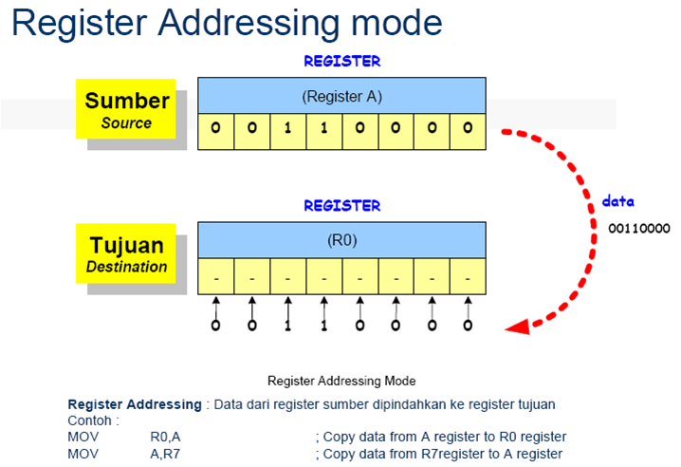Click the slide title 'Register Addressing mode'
tap(227, 23)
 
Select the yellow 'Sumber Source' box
tap(127, 110)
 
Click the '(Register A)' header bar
tap(341, 96)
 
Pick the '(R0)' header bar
tap(341, 239)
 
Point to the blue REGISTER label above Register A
tap(341, 61)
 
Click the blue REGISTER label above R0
tap(341, 205)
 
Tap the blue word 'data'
tap(618, 203)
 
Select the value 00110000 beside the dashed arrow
tap(639, 229)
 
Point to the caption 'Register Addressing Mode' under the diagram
tap(341, 381)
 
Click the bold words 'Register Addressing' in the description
tap(135, 404)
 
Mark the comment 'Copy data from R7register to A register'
tap(443, 454)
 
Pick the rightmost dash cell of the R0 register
tap(468, 279)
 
